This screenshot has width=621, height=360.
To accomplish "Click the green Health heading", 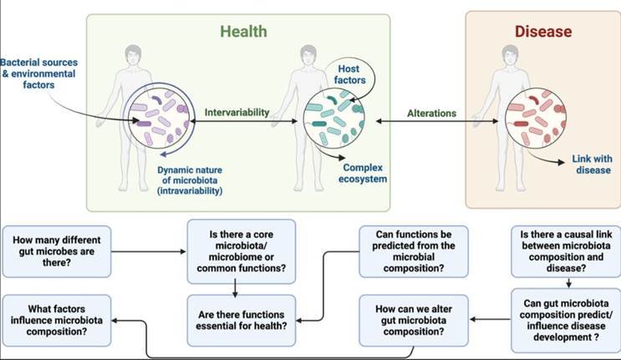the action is point(243,31).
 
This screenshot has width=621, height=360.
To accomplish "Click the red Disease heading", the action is point(543,31).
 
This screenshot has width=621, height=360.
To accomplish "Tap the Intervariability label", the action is point(237,113).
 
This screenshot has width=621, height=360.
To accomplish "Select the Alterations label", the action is point(431,113).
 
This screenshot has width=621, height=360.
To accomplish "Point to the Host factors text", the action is point(349,74).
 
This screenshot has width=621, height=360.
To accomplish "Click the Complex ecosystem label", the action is point(363,173).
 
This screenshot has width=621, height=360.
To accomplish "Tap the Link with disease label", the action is point(592,165).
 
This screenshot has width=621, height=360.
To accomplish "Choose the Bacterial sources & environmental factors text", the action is point(38,74).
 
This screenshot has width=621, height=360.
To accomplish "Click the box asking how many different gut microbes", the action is point(57,251).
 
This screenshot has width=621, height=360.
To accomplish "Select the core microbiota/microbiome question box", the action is point(242,251).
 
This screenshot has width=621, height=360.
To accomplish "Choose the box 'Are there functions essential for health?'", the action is point(242,320).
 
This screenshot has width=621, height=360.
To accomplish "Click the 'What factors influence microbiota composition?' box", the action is point(57,320).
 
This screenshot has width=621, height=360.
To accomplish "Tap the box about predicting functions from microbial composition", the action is point(414,251).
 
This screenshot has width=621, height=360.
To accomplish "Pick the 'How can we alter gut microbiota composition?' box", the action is point(414,320).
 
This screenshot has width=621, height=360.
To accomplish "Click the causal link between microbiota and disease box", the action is point(566,251).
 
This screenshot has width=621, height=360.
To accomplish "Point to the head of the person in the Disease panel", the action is point(510,56).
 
